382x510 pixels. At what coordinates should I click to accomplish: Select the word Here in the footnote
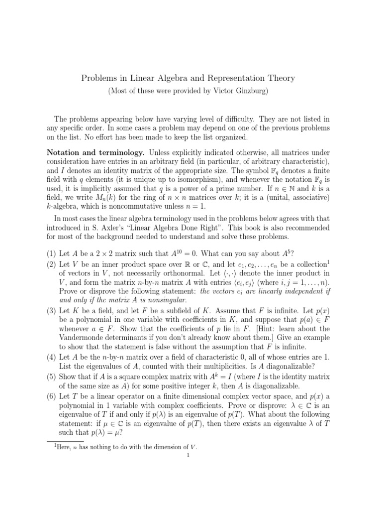[57, 447]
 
